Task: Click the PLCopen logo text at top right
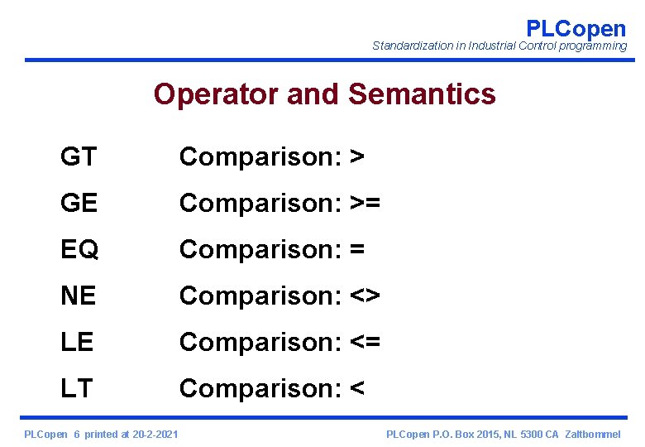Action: [576, 28]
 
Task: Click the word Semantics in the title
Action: [422, 94]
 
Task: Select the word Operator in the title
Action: [217, 94]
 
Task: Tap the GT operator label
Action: [78, 156]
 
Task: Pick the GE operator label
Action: [79, 203]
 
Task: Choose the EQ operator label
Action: [79, 249]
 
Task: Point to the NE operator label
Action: [79, 296]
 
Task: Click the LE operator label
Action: [77, 342]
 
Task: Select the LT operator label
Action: [76, 388]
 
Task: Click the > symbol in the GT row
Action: [357, 156]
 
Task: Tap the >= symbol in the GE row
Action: [365, 203]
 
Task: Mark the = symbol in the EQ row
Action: [357, 249]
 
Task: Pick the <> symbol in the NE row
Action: [365, 296]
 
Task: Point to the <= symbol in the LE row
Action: [365, 342]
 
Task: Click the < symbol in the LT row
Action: [357, 388]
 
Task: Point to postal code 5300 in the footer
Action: [524, 435]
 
